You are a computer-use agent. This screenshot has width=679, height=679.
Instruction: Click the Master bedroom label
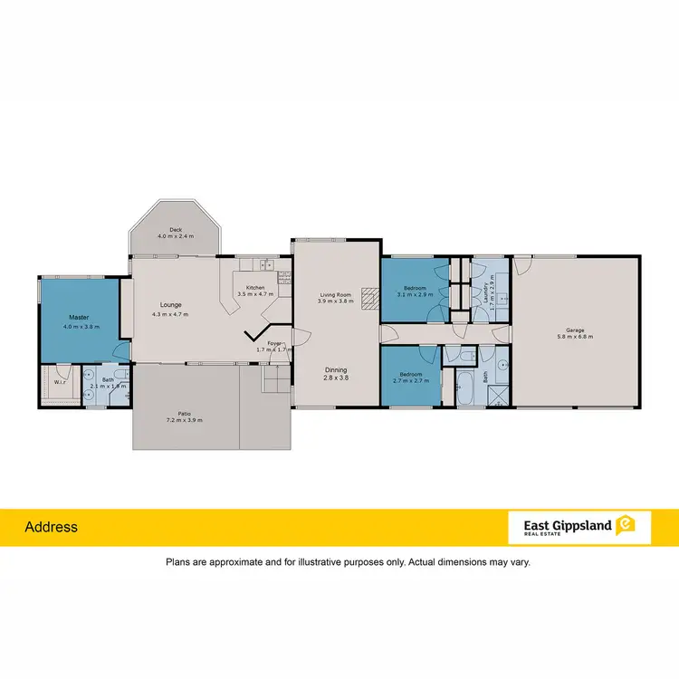pos(79,318)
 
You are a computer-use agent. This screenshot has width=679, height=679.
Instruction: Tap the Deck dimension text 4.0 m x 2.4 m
pos(176,236)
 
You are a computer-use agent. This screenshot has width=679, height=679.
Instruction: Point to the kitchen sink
pos(268,265)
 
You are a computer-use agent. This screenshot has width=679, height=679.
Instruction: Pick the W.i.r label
pos(61,381)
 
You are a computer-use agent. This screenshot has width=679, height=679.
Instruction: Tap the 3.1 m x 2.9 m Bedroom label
pos(416,291)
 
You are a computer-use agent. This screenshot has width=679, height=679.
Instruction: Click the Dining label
pos(336,370)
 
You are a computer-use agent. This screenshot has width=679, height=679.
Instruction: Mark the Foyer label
pos(274,343)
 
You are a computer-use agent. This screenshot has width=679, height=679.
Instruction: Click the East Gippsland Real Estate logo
pos(579,526)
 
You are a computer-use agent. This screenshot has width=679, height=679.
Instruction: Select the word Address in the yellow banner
pos(51,527)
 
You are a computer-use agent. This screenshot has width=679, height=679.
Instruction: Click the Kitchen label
pos(254,288)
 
